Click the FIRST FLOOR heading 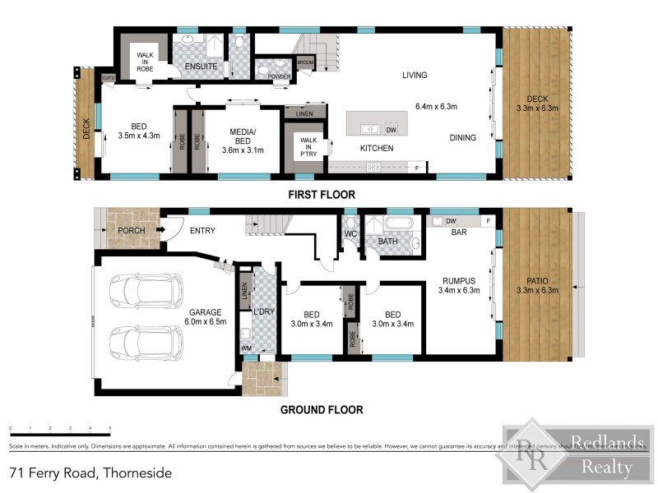click(x=321, y=195)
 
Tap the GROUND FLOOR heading click(x=321, y=409)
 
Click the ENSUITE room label click(x=201, y=65)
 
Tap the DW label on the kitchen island click(x=392, y=130)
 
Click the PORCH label click(x=132, y=231)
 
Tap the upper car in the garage click(x=146, y=290)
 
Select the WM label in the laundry click(x=246, y=349)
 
